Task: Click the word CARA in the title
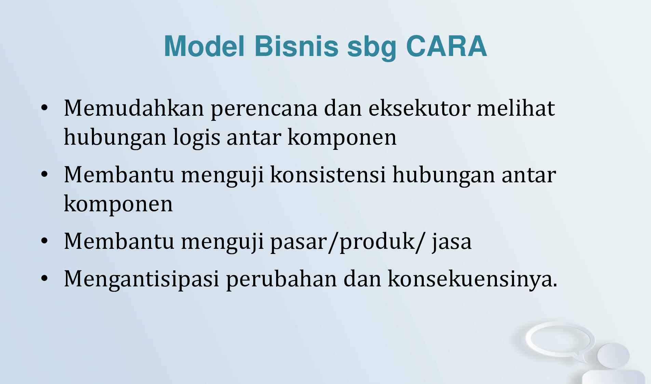pyautogui.click(x=446, y=46)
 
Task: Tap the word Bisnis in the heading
pyautogui.click(x=296, y=46)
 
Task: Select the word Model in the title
pyautogui.click(x=204, y=46)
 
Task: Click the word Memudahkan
pyautogui.click(x=134, y=108)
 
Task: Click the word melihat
pyautogui.click(x=516, y=108)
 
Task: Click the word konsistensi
pyautogui.click(x=328, y=175)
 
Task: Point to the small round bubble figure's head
pyautogui.click(x=613, y=355)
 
